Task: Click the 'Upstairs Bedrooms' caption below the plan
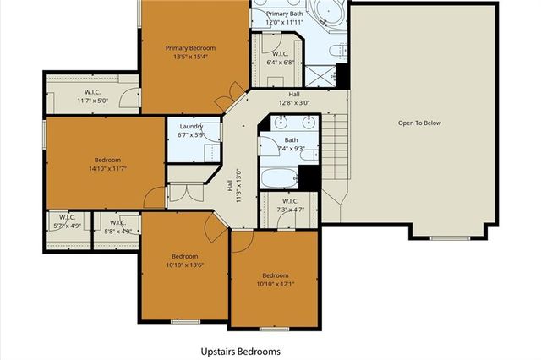(x=240, y=351)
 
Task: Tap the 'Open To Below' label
(x=419, y=123)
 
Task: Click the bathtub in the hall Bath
(x=278, y=178)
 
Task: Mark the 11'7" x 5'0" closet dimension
(x=94, y=101)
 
